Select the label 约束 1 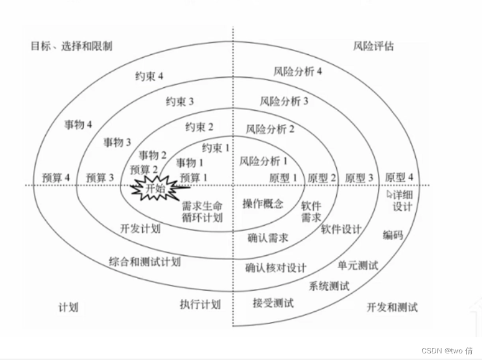216,147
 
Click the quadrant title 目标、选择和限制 71,46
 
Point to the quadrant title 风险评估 374,46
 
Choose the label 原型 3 360,178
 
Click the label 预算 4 57,178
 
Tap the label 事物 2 153,155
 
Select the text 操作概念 263,203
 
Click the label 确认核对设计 276,267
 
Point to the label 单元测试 358,265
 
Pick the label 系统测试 329,286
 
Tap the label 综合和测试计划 145,262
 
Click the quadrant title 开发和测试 392,307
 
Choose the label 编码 393,235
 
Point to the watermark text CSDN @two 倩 446,350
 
